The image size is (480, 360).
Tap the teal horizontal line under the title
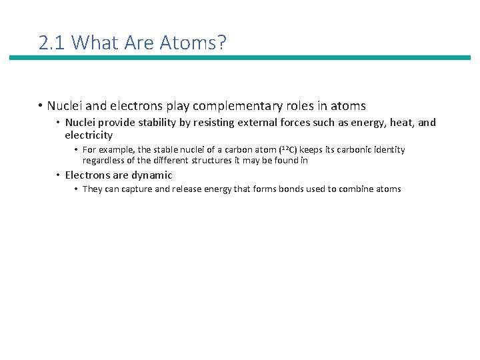[x=239, y=58]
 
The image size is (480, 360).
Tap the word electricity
[x=89, y=135]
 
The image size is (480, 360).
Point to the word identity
[x=389, y=150]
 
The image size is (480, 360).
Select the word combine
[x=357, y=189]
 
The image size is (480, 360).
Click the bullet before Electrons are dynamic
[x=58, y=175]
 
